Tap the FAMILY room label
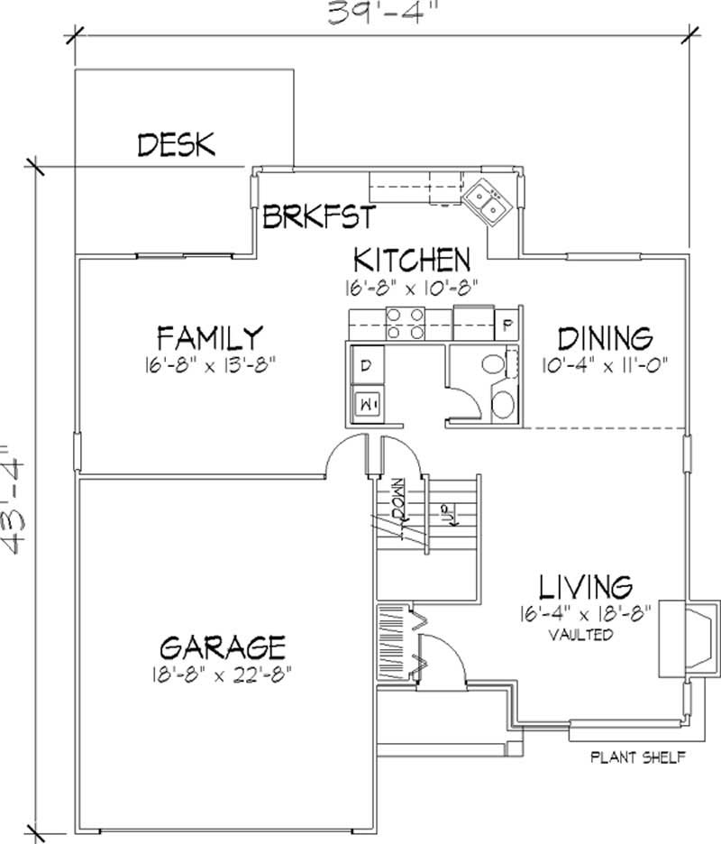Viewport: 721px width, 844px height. click(209, 337)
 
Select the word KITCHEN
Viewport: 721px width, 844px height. click(411, 260)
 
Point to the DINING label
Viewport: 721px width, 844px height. click(604, 338)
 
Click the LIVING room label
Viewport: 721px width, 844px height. click(586, 587)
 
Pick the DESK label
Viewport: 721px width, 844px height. click(177, 144)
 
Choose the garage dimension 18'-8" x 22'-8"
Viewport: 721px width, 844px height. click(223, 673)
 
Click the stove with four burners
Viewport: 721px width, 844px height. click(406, 323)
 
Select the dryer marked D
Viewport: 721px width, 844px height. click(368, 365)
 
